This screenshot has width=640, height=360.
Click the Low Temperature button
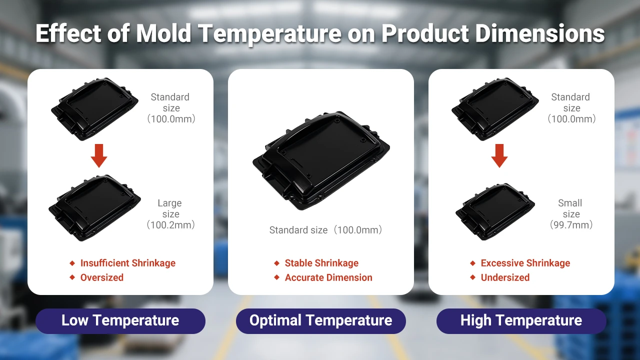click(x=120, y=320)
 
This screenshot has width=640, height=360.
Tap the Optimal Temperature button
click(x=320, y=320)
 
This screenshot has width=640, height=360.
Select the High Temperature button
click(x=521, y=320)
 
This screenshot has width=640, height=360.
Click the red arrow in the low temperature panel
click(x=99, y=155)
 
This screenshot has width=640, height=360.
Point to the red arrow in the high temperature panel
click(x=499, y=155)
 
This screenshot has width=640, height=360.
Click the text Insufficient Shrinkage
click(x=127, y=263)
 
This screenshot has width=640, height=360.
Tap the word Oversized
click(x=101, y=277)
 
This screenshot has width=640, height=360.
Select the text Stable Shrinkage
click(x=321, y=263)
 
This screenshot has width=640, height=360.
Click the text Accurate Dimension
click(x=328, y=277)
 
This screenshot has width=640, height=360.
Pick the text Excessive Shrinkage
click(x=525, y=263)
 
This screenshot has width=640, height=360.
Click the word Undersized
click(x=505, y=277)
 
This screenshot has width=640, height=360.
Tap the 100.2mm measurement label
click(x=170, y=225)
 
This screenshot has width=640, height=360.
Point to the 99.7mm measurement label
click(x=571, y=225)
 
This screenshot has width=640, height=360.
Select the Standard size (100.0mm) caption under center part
click(x=325, y=230)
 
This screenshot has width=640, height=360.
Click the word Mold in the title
click(x=163, y=33)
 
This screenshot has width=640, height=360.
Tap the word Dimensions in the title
click(x=539, y=33)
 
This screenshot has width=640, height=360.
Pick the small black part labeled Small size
click(x=495, y=211)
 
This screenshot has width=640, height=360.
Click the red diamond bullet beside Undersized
click(x=472, y=277)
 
